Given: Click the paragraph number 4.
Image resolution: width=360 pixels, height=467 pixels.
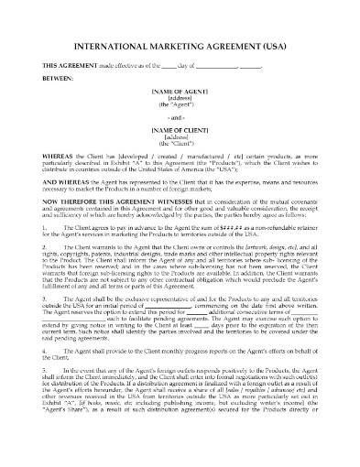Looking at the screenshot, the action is coord(42,379).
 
